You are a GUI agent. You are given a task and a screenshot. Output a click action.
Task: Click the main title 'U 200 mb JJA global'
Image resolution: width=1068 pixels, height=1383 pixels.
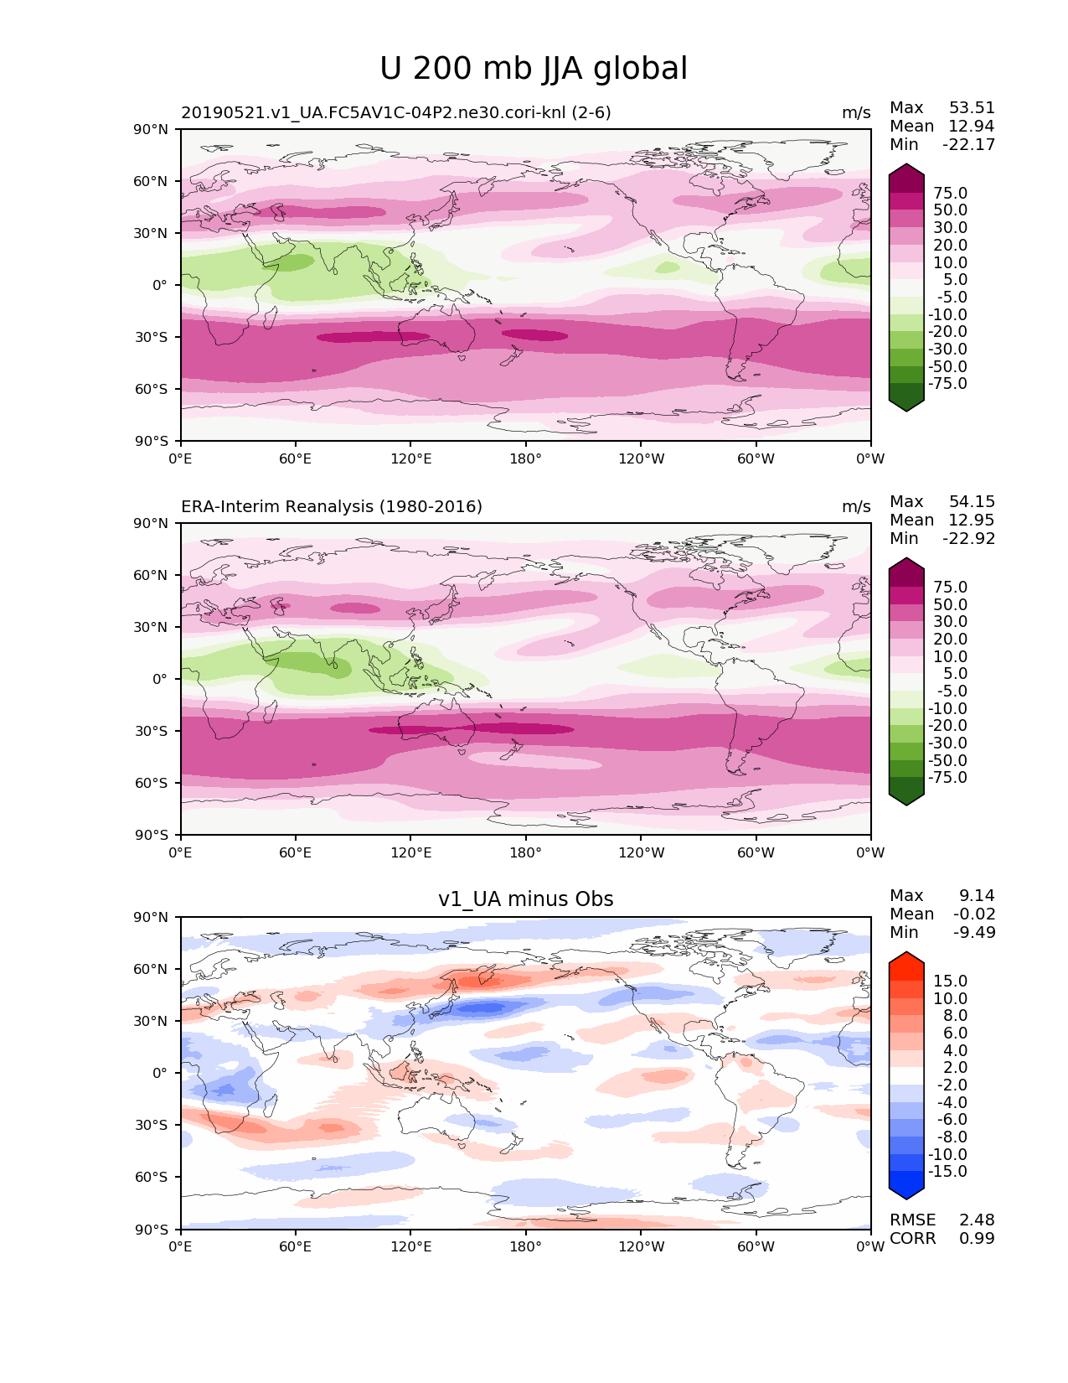point(534,69)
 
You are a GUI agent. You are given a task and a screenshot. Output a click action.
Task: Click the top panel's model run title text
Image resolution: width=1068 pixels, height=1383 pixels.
point(396,112)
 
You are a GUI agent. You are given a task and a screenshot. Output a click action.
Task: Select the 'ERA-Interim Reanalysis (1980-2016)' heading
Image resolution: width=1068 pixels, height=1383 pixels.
point(332,506)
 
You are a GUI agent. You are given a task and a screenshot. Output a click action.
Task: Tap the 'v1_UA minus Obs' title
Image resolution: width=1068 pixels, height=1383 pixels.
point(525,899)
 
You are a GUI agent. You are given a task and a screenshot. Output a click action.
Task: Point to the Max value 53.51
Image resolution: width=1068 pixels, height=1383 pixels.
point(972,107)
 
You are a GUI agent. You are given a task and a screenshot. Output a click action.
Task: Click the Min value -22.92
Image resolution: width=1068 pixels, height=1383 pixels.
point(969,538)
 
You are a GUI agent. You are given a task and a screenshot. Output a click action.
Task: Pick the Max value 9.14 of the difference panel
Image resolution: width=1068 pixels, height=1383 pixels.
point(977,895)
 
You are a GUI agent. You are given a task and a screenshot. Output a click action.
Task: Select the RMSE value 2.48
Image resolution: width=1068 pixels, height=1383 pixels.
point(977,1220)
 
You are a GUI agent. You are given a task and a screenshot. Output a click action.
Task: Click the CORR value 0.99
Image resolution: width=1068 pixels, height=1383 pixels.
point(977,1238)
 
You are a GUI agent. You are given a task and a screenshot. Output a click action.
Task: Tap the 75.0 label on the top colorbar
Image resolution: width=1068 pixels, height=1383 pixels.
point(950,193)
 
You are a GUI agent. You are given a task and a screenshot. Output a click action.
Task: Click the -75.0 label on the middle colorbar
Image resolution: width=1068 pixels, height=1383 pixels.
point(947,777)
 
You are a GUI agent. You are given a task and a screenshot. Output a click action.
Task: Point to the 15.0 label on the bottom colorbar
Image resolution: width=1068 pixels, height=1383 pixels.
point(950,981)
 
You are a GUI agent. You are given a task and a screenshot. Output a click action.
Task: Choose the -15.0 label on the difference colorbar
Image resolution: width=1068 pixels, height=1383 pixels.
point(947,1171)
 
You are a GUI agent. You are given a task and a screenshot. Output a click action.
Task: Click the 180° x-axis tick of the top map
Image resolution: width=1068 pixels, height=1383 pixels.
point(525,458)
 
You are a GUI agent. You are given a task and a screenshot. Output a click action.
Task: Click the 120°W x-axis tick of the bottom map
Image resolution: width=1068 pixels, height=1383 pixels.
point(641,1246)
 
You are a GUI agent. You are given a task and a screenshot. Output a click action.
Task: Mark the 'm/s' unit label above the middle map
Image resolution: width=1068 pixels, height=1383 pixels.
point(856,506)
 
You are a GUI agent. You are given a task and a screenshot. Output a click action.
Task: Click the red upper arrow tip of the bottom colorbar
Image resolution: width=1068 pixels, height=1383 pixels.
point(906,961)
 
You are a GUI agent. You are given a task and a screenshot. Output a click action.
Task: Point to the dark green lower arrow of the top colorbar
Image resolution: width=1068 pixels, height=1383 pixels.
point(906,403)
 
